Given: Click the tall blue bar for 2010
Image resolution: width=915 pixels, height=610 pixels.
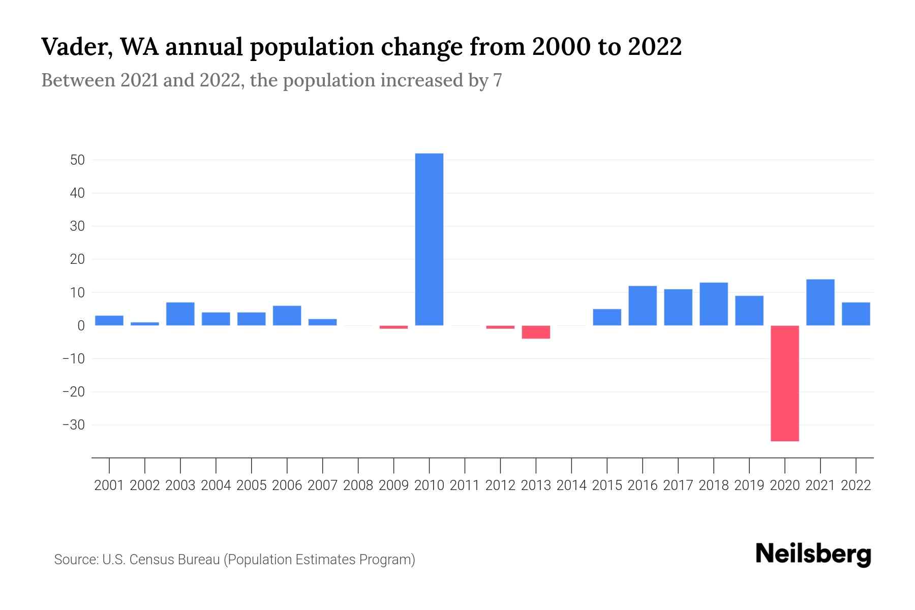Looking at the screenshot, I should pos(429,239).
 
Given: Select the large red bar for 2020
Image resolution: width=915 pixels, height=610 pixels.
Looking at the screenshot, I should pos(784,383).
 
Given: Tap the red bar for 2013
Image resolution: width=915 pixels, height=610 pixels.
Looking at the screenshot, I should pos(536,332).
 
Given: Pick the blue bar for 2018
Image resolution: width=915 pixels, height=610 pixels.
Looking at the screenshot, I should pos(713,304).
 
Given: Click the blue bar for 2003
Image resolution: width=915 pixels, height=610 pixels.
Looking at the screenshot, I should pos(180,314).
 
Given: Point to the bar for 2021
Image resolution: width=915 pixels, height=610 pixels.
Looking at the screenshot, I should pos(820,302).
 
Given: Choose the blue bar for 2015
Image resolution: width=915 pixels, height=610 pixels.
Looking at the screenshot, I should pos(607,317).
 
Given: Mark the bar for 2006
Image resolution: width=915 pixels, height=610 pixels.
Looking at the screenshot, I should pos(287,316).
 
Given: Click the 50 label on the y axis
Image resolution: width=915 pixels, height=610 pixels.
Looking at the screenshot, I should pos(77,160).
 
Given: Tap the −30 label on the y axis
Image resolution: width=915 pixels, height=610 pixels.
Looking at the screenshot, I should pos(73,425).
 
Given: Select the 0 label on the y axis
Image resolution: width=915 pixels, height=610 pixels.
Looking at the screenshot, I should pos(81,326).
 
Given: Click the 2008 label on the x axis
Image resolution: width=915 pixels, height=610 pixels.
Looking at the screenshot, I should pos(358,485).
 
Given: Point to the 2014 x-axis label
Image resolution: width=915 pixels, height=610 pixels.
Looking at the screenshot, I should pos(571,485).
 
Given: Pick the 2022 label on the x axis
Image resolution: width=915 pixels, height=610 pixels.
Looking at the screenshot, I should pos(856,485).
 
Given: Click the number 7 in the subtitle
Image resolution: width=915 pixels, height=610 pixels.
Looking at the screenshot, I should pos(497,80).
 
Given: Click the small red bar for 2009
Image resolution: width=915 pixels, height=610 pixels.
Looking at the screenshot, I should pos(393,327).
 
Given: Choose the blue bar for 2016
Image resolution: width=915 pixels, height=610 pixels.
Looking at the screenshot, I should pos(643,306).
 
